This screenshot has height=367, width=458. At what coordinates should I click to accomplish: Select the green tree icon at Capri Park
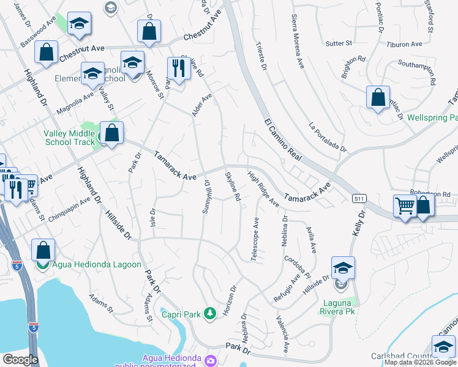pos(210,314)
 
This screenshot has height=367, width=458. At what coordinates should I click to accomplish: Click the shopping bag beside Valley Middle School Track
pos(111,132)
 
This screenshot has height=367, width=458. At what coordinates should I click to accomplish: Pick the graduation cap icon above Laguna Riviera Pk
pos(343,267)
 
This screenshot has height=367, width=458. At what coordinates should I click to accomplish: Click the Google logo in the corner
pos(20,360)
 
